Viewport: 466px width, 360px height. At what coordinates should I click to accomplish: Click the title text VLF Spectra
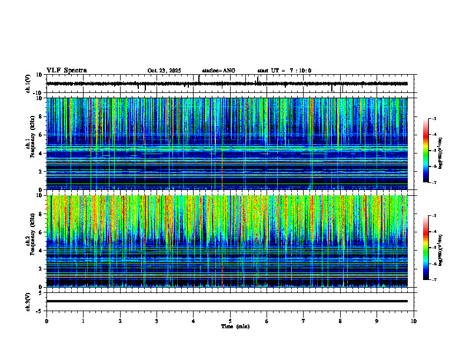coord(66,71)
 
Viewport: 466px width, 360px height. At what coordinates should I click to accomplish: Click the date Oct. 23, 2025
coord(164,71)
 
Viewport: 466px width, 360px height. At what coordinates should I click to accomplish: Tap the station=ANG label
coord(218,71)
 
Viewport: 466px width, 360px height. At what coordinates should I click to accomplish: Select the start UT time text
coord(284,71)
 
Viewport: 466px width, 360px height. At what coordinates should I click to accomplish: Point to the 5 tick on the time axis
coord(230,321)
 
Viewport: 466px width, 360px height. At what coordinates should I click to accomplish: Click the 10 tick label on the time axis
coord(414,321)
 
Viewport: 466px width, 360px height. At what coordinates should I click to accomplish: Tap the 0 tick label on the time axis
coord(46,321)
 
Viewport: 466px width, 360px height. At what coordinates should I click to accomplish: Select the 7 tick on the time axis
coord(304,321)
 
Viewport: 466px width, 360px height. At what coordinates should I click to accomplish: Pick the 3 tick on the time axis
coord(157,321)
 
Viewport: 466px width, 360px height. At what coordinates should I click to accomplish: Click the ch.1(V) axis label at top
coord(28,84)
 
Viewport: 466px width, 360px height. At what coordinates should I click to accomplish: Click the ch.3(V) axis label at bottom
coord(28,301)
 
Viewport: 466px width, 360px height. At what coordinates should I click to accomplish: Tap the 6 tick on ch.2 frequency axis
coord(42,232)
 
